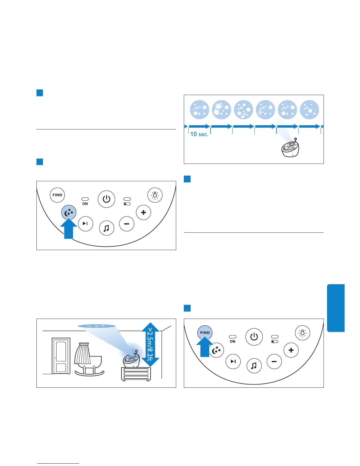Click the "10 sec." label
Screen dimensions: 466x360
click(199, 134)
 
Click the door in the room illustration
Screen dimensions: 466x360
click(61, 356)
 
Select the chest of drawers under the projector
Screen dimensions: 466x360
click(136, 374)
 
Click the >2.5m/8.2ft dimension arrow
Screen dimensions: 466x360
click(150, 344)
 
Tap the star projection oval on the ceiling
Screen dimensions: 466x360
click(96, 326)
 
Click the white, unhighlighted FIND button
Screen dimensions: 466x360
click(57, 195)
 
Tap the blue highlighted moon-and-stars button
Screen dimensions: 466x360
click(69, 212)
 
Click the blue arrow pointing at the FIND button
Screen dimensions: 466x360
click(205, 347)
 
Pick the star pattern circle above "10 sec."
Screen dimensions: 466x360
click(199, 110)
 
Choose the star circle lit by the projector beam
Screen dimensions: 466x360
click(287, 110)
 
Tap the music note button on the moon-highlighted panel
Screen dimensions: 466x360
click(106, 228)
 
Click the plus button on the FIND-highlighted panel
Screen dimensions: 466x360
click(291, 350)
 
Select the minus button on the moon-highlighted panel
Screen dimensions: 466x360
click(127, 224)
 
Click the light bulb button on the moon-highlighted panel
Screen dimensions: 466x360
click(155, 195)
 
